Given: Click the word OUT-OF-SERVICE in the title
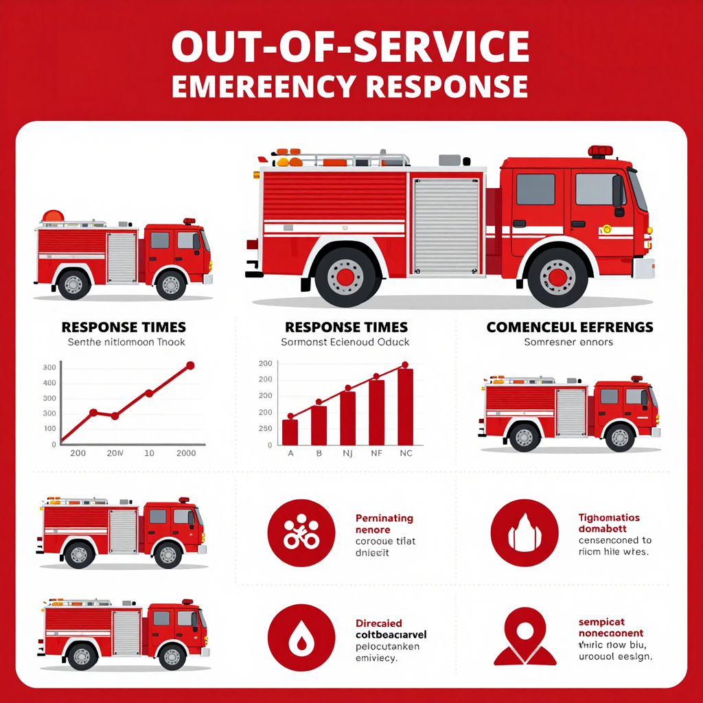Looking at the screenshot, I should tap(350, 47).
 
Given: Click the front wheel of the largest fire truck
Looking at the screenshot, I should tap(557, 276).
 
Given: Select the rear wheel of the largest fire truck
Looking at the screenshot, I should tap(345, 276).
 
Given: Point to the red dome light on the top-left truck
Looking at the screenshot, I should tap(53, 216).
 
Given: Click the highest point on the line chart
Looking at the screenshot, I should tap(190, 366).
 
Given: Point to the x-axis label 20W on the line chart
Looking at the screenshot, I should tap(115, 453).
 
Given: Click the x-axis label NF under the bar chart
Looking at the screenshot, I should tap(377, 453).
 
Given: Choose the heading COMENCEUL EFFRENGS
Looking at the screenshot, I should tap(569, 327).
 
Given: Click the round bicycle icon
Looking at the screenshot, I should tap(301, 533).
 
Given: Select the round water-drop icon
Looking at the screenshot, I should tap(301, 638).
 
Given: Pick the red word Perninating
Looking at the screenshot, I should tap(384, 518).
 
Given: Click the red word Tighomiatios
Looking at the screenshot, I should tap(609, 518).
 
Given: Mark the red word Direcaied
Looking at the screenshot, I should tap(379, 623).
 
